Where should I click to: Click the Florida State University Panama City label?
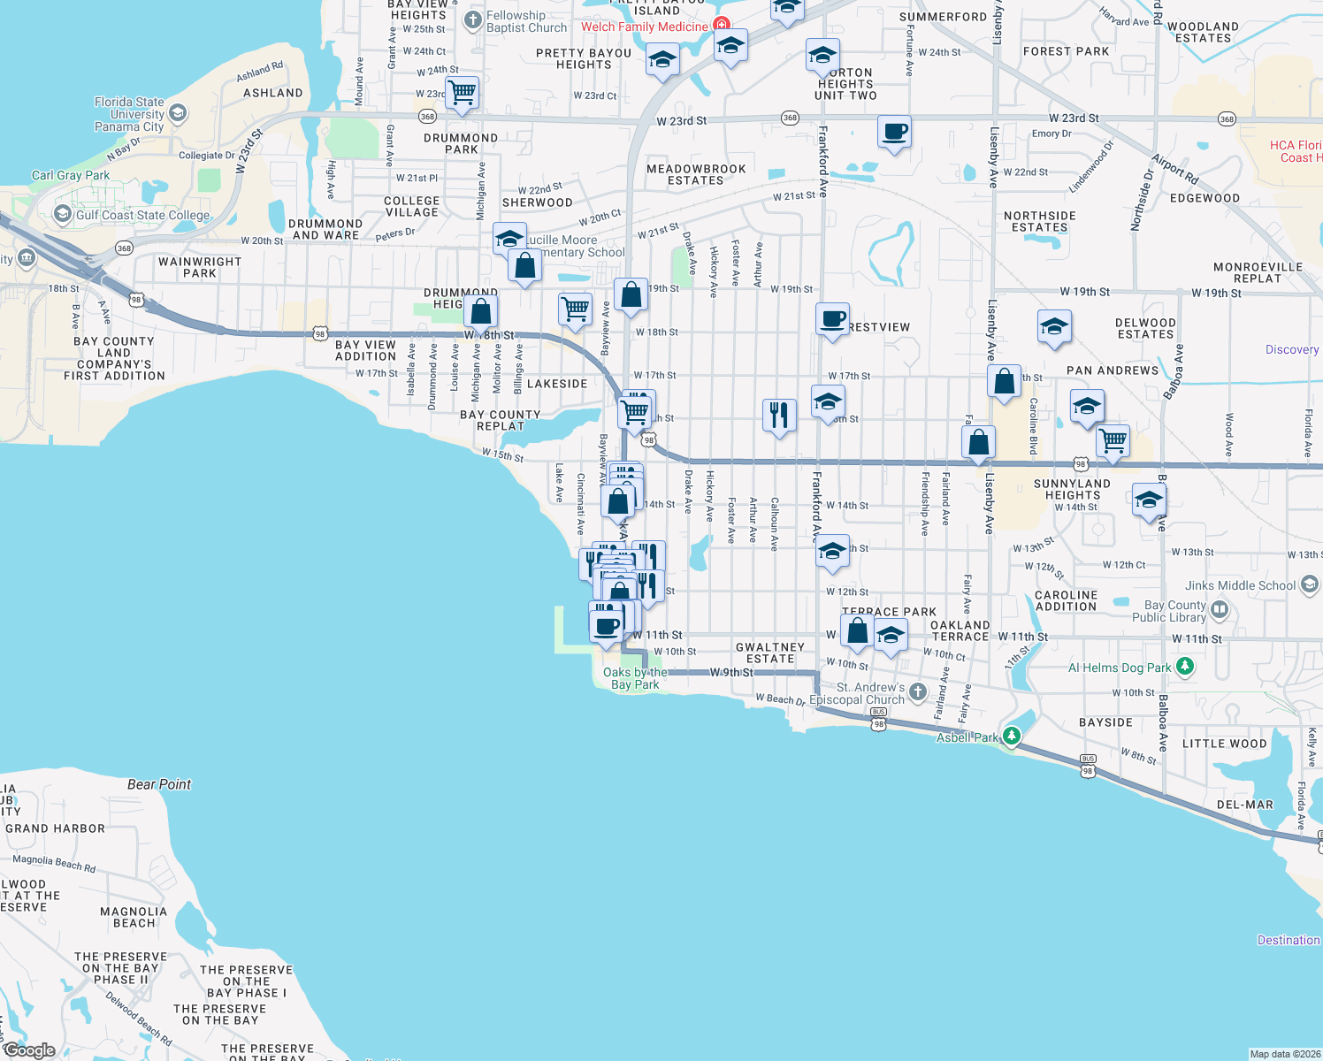pos(129,114)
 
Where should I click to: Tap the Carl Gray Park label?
pos(71,175)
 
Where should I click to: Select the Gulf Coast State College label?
pos(142,215)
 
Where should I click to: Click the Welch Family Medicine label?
pos(645,27)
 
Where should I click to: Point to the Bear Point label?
pos(159,784)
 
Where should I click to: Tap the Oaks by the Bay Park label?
pos(635,678)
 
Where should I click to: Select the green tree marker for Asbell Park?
pos(1012,736)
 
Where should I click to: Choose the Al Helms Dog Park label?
pos(1120,668)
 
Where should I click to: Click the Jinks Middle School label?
pos(1241,585)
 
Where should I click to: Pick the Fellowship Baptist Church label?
pos(526,21)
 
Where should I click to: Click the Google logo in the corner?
pos(29,1050)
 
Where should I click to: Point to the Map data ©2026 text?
pos(1284,1053)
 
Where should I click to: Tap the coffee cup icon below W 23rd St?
pos(895,132)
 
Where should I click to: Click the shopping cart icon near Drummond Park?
pos(463,92)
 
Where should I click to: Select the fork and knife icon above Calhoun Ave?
pos(779,414)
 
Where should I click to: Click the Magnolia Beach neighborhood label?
pos(134,917)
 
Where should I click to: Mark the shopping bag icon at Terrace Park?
pos(857,631)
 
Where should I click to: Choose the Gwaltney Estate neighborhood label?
pos(770,653)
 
